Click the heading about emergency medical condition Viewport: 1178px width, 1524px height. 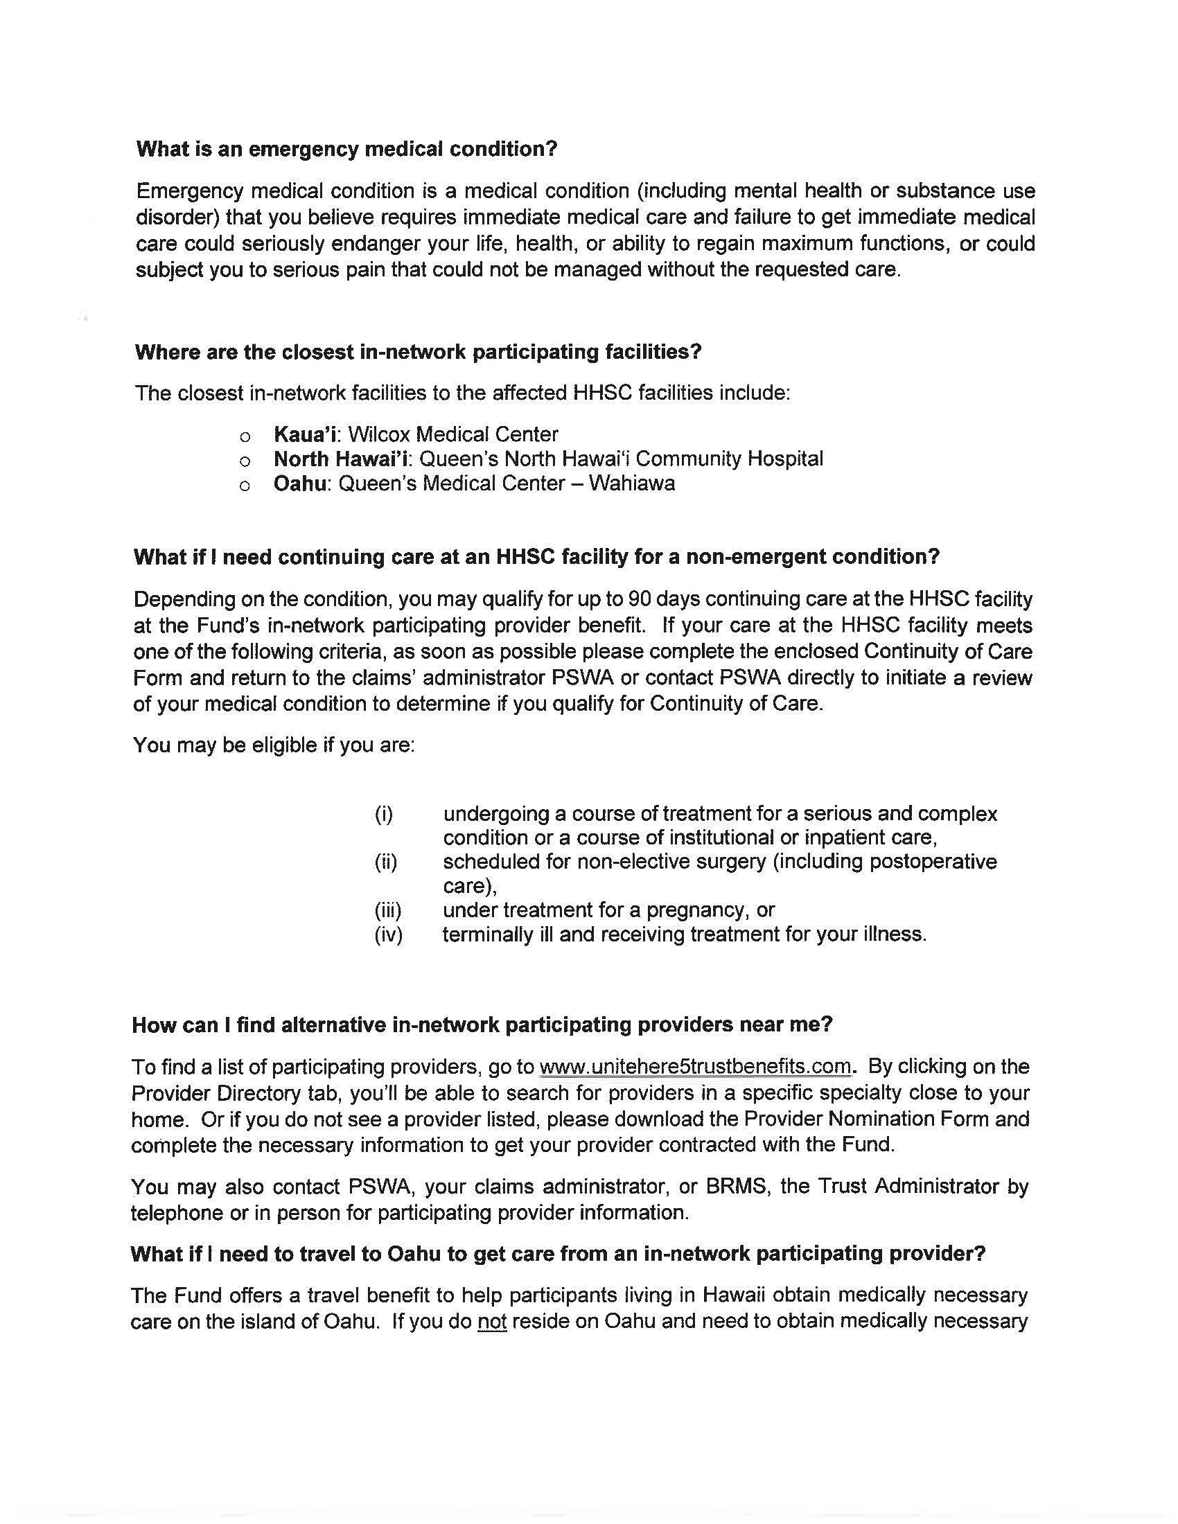[347, 150]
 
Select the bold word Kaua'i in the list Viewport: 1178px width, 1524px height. [306, 435]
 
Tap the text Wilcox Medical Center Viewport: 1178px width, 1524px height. [453, 435]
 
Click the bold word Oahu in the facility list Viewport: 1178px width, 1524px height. [299, 484]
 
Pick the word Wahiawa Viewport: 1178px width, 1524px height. [631, 484]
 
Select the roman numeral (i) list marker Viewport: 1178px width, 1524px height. [384, 815]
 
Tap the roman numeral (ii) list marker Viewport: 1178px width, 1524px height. [386, 862]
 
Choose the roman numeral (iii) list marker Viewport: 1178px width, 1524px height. [388, 911]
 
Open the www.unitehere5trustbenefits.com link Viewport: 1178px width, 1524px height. [696, 1067]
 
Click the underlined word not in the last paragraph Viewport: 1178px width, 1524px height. [492, 1322]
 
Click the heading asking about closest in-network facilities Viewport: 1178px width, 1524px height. [418, 352]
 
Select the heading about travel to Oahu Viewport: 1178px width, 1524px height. [558, 1254]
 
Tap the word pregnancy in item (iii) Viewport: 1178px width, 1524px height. [700, 911]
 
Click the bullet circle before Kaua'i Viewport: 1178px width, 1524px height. [244, 437]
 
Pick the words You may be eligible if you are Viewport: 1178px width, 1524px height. [274, 745]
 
